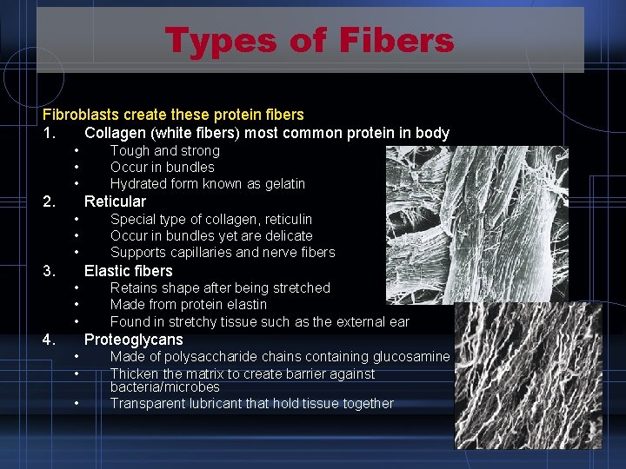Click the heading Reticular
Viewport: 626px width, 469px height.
tap(115, 201)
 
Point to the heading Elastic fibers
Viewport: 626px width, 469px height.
tap(128, 271)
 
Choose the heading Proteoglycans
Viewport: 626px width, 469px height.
tap(133, 340)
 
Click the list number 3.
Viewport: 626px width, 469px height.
tap(50, 271)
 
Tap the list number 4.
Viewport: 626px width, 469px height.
tap(50, 340)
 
